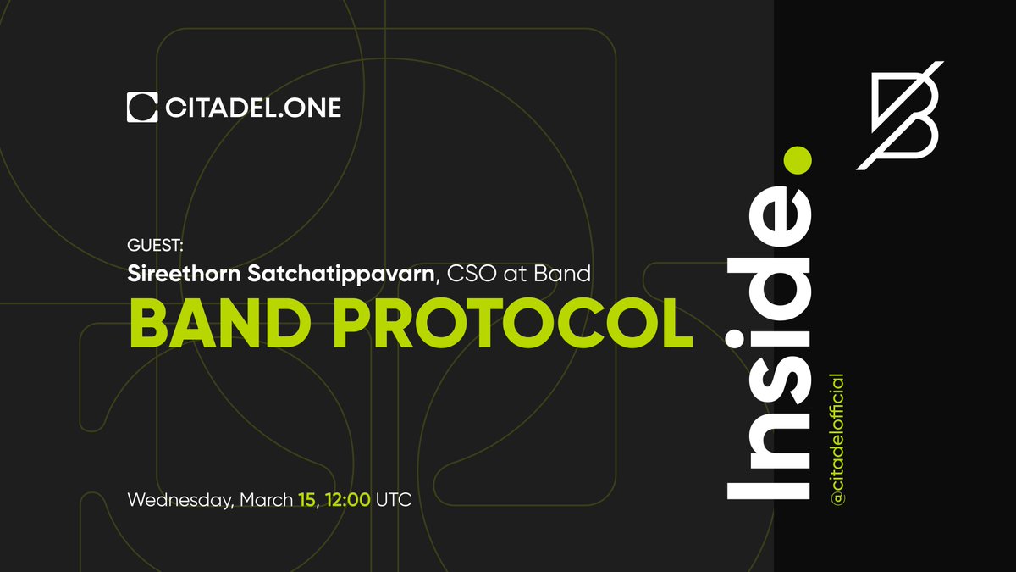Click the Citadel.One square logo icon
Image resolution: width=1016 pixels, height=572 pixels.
[142, 108]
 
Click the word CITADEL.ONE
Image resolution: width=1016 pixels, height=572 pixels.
[252, 108]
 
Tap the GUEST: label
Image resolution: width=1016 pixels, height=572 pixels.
[155, 246]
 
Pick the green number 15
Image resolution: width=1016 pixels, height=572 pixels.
[306, 500]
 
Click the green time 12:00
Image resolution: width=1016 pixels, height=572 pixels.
[347, 500]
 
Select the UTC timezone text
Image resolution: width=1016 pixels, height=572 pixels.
[394, 500]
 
